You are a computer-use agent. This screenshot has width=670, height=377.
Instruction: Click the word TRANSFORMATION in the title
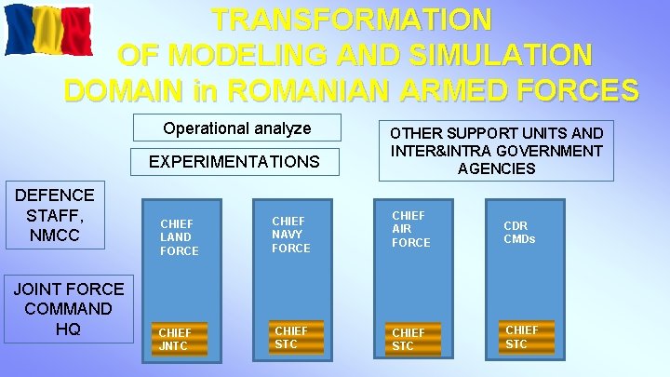point(351,20)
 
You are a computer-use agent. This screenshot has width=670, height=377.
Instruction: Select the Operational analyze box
point(236,128)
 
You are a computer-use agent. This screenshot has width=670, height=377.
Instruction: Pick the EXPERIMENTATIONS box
point(234,162)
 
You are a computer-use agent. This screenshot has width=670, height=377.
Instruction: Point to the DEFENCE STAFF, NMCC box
point(55,215)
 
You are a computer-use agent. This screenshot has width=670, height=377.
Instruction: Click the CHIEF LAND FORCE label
point(180,237)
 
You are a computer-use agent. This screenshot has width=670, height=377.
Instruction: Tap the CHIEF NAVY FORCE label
point(291,235)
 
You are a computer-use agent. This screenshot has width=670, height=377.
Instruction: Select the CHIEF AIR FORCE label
point(410,229)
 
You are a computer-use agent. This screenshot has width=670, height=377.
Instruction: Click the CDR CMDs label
point(519,232)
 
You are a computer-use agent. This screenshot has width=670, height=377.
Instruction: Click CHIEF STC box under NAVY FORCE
point(291,337)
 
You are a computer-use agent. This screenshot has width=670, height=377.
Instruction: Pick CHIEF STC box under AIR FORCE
point(409,339)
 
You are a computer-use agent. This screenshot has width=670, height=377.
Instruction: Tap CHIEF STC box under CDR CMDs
point(522,336)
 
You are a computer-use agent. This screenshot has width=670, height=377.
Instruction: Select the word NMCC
point(55,236)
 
